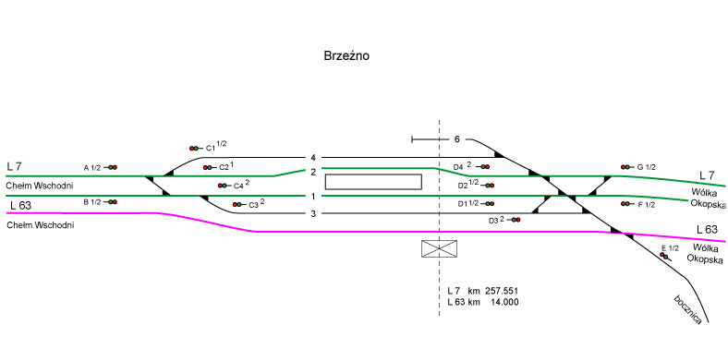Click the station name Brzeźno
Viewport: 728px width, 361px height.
click(x=346, y=56)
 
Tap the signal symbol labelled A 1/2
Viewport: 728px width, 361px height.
click(x=111, y=167)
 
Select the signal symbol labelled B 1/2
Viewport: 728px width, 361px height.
click(x=111, y=202)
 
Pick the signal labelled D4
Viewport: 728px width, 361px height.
click(x=483, y=166)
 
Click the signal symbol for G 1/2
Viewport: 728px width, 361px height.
click(x=627, y=167)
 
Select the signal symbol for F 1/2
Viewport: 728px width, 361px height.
click(x=627, y=204)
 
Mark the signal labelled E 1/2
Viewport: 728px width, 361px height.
click(x=665, y=256)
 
